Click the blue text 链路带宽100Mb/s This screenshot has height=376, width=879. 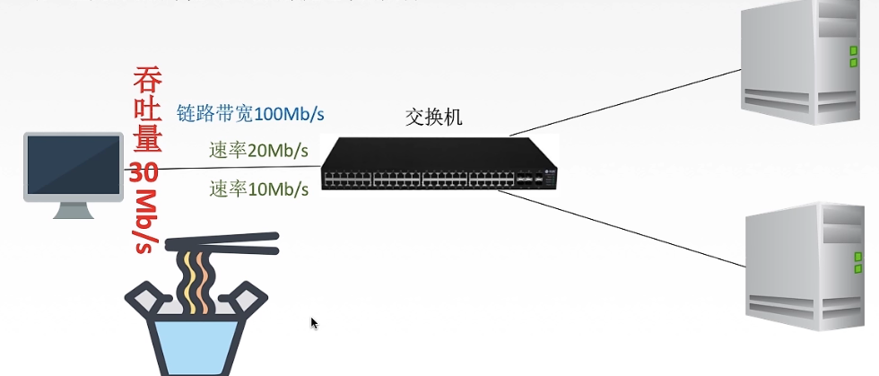pyautogui.click(x=250, y=114)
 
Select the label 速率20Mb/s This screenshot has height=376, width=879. pyautogui.click(x=258, y=151)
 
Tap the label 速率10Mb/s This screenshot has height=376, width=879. pyautogui.click(x=258, y=188)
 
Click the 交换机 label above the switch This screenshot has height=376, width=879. pyautogui.click(x=434, y=117)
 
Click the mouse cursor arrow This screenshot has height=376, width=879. pyautogui.click(x=314, y=323)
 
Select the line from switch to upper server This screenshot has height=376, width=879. pyautogui.click(x=628, y=99)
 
